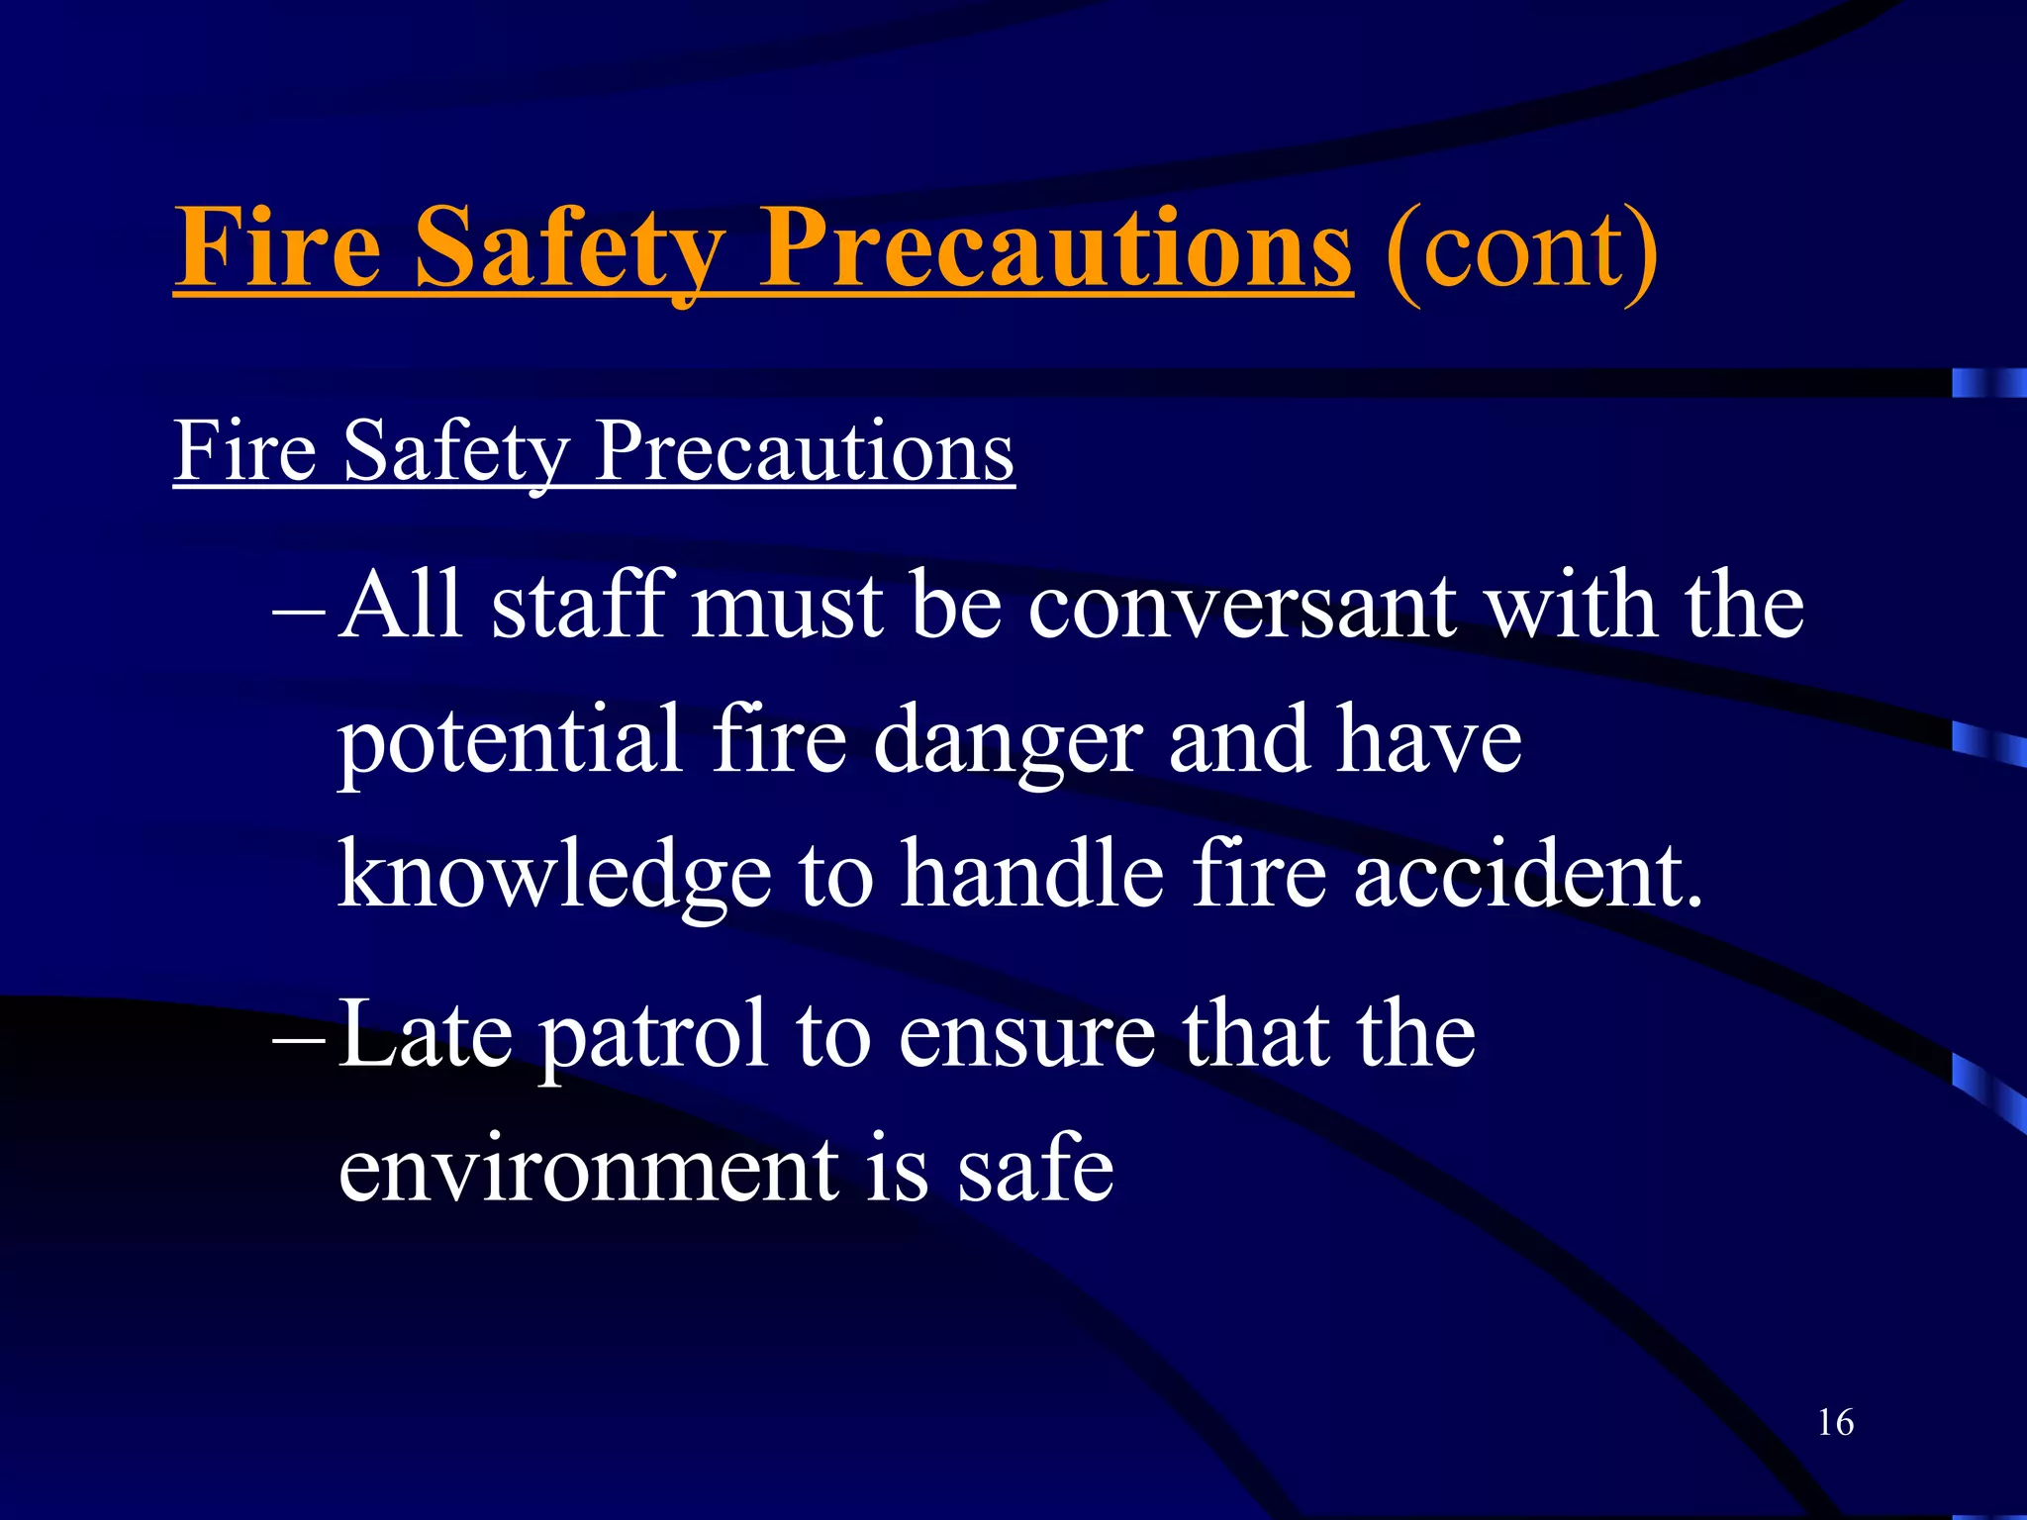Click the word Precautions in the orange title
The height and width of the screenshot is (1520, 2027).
[x=1055, y=247]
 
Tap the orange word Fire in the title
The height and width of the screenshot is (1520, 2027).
[x=277, y=247]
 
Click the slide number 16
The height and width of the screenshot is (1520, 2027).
[x=1835, y=1423]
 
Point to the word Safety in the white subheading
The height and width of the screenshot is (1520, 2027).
[x=455, y=453]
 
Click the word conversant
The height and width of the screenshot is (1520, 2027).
[x=1242, y=606]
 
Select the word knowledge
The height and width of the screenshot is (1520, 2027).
[x=554, y=877]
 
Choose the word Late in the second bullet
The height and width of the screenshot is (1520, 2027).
[x=426, y=1035]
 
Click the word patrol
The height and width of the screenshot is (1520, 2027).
[x=653, y=1039]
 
